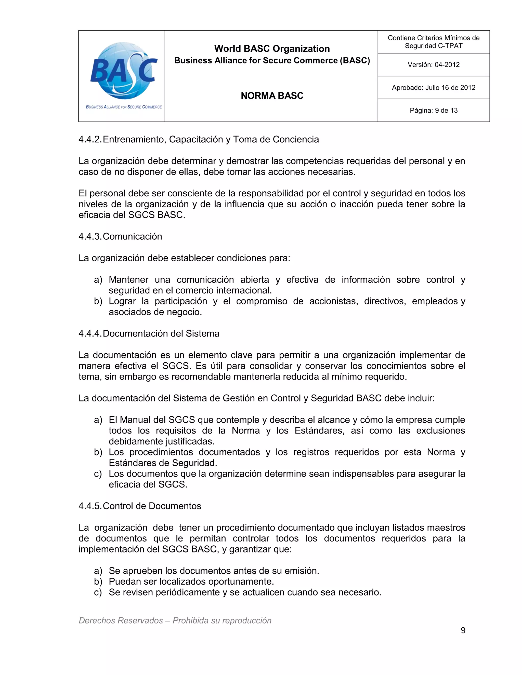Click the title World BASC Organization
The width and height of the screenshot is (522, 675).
click(272, 48)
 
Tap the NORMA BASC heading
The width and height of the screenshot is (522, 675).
click(272, 96)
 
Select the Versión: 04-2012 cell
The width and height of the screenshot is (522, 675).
click(433, 65)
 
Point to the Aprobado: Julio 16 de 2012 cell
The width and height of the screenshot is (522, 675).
click(433, 87)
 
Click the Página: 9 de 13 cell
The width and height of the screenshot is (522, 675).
click(433, 110)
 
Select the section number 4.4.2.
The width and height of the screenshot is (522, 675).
click(90, 139)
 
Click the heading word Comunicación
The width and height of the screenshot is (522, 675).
click(132, 236)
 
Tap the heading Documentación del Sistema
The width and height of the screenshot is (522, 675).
click(161, 333)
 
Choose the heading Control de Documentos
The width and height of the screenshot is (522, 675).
click(152, 506)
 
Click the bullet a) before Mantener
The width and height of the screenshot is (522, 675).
click(98, 280)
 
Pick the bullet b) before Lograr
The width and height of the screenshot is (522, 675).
click(98, 301)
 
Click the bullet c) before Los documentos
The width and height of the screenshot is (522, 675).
click(98, 474)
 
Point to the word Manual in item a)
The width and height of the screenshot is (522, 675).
click(135, 420)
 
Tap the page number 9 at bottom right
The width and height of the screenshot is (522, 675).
click(463, 630)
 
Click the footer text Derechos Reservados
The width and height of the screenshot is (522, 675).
click(121, 620)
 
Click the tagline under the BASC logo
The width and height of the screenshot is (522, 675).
click(124, 107)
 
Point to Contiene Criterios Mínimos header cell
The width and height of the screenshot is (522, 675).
click(433, 42)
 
